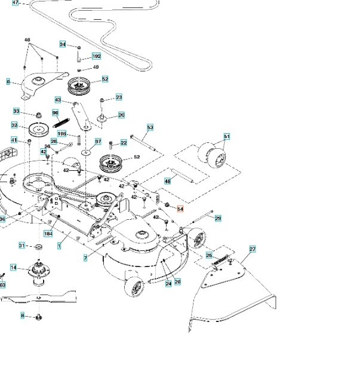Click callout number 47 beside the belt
(16, 3)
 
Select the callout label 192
(96, 56)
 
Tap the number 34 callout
(63, 44)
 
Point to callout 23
(119, 97)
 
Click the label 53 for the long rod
(150, 127)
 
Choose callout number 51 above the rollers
(226, 137)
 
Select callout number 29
(218, 219)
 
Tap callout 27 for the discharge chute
(252, 249)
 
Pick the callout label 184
(48, 234)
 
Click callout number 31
(21, 246)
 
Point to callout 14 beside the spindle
(13, 268)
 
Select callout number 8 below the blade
(23, 315)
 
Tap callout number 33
(16, 111)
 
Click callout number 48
(168, 180)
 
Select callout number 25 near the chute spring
(209, 255)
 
